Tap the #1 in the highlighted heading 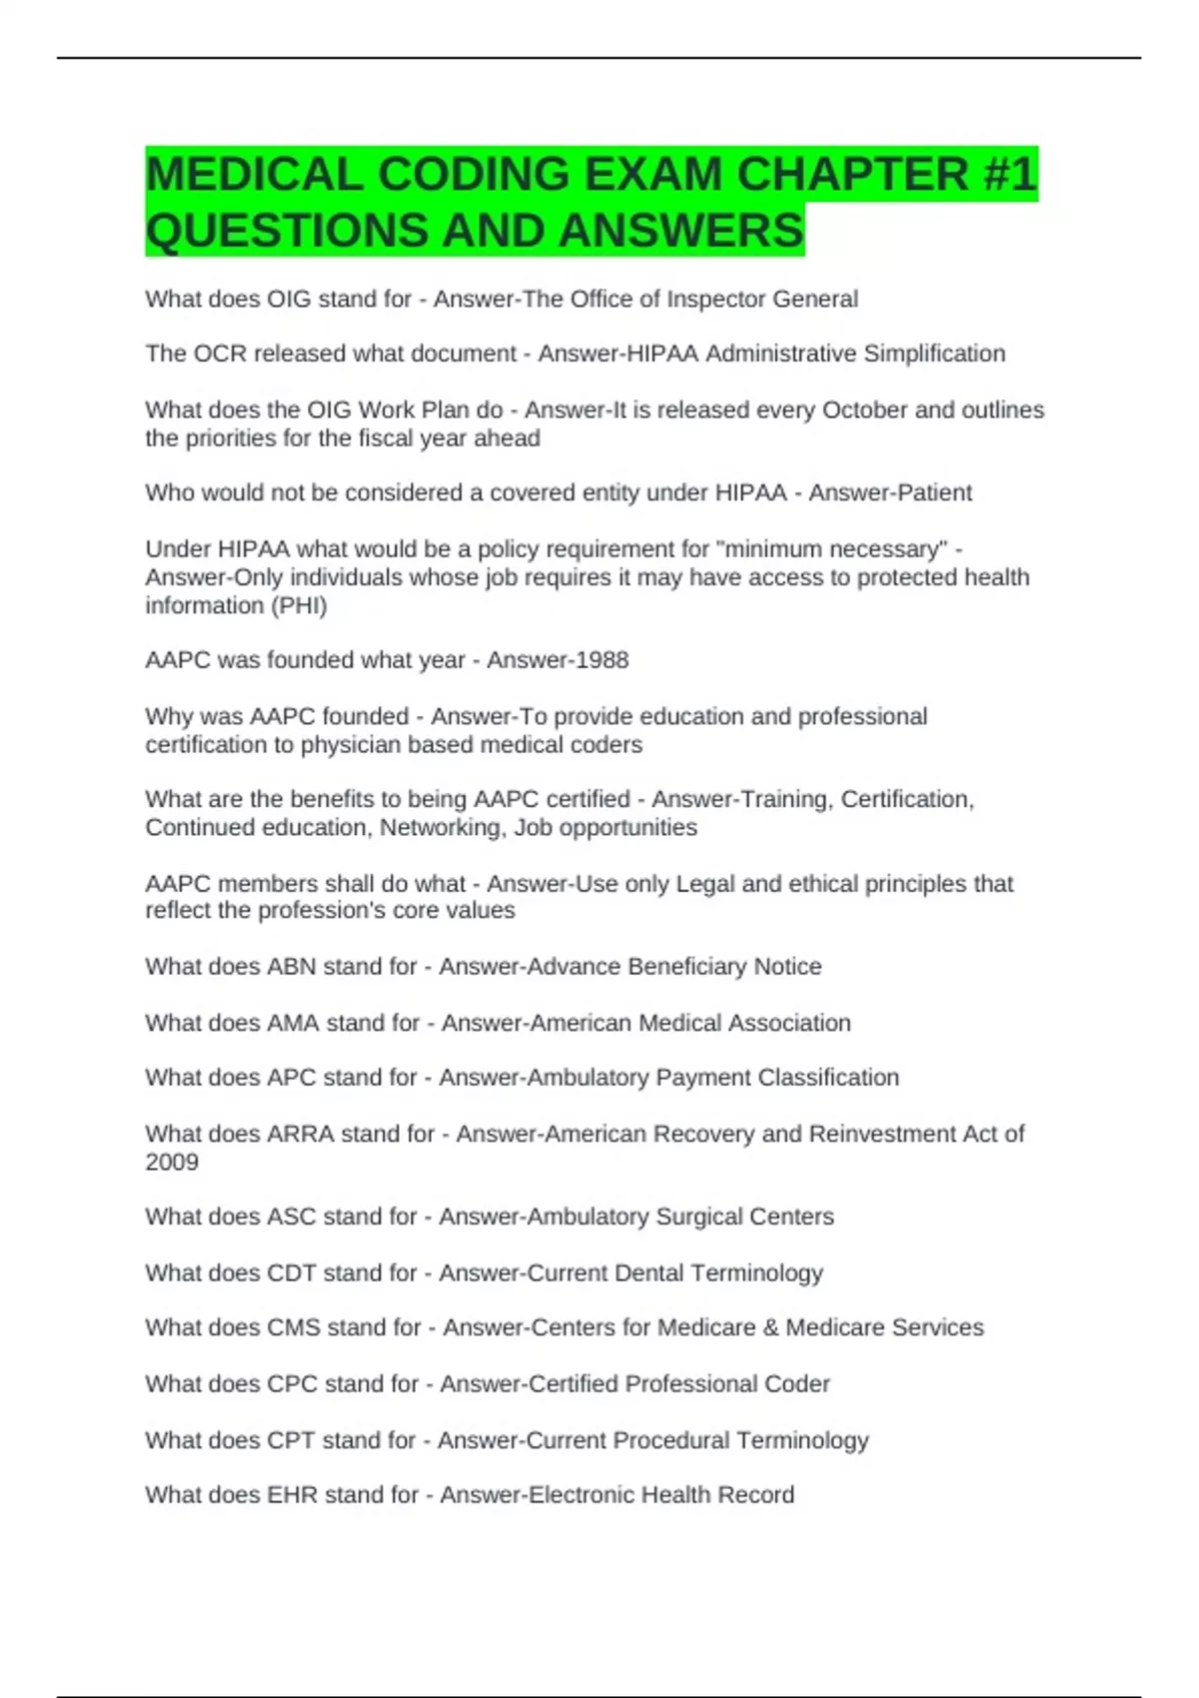pos(1009,175)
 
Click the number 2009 pos(172,1163)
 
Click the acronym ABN pos(291,967)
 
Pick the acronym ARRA pos(301,1135)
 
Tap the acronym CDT pos(291,1273)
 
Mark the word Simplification pos(934,354)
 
